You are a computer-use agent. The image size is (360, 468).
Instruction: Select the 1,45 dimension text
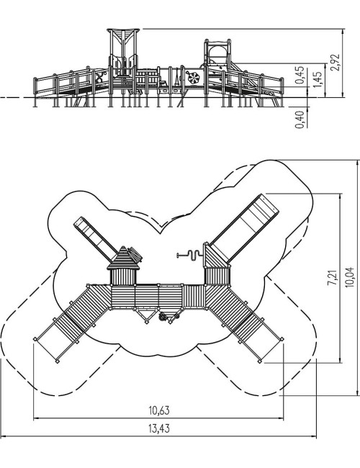[x=318, y=79]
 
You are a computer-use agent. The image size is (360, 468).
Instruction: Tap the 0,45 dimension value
[x=300, y=75]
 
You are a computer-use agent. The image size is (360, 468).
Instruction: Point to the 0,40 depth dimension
[x=300, y=120]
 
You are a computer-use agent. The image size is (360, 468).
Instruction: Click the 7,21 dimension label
[x=332, y=278]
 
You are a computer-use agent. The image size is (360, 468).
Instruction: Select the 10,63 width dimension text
[x=159, y=410]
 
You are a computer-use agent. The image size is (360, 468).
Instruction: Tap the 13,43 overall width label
[x=159, y=428]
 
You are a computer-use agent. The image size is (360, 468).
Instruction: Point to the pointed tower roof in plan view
[x=123, y=258]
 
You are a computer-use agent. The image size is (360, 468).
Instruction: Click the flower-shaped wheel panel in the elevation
[x=194, y=78]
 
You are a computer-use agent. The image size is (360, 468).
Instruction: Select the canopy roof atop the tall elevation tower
[x=123, y=32]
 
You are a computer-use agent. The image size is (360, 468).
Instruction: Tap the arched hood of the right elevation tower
[x=217, y=48]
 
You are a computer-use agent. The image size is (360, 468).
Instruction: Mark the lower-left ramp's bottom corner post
[x=57, y=361]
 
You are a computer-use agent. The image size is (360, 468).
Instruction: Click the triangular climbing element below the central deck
[x=146, y=315]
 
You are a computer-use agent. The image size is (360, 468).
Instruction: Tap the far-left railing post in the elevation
[x=35, y=92]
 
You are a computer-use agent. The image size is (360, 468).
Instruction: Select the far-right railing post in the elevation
[x=282, y=92]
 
